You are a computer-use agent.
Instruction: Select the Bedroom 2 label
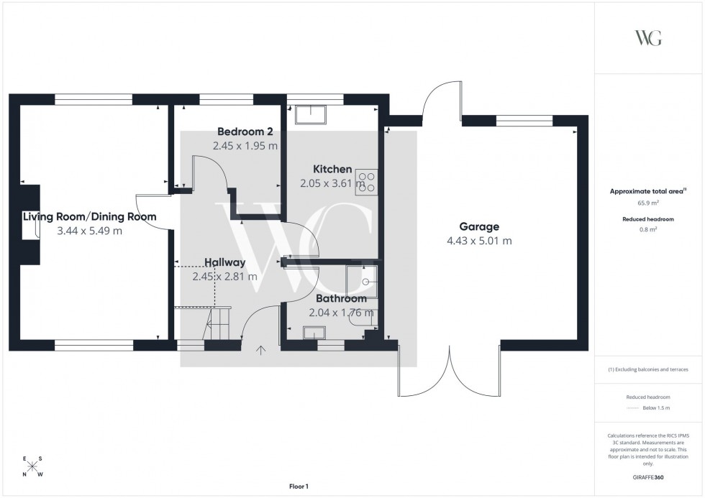tap(245, 132)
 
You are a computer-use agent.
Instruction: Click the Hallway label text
tap(224, 262)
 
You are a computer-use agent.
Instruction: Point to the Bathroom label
tap(341, 298)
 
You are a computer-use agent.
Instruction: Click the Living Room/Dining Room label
tap(89, 216)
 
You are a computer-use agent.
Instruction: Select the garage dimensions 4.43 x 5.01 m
tap(479, 241)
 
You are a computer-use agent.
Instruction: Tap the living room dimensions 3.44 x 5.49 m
tap(89, 231)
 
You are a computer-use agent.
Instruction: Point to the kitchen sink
tap(311, 113)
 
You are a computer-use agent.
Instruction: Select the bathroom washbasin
tap(315, 332)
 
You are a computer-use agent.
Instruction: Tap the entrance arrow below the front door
tap(261, 350)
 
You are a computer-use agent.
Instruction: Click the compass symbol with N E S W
tap(32, 467)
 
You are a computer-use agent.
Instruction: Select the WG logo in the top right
tap(648, 38)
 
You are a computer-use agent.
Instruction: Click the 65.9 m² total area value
tap(648, 204)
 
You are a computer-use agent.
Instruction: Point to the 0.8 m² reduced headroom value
tap(648, 230)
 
